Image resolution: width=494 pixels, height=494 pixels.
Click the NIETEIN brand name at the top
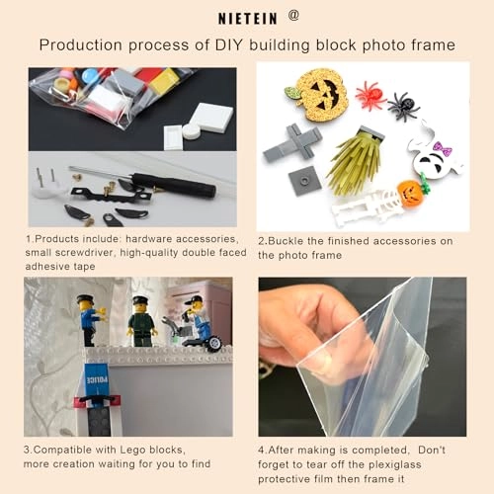pos(248,19)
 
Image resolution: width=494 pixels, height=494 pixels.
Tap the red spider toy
pos(371,96)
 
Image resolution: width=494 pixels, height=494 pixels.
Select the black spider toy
pos(404,106)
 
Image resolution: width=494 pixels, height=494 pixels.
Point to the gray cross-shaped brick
pos(292,142)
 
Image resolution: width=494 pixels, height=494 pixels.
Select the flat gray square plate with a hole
pos(304,181)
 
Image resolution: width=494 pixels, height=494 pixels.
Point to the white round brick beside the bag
pos(192,131)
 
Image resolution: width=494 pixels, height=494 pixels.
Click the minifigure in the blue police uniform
pos(91,320)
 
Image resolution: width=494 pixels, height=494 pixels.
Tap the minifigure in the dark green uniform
pos(141,321)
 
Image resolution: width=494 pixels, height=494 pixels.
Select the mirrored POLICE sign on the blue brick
pos(97,380)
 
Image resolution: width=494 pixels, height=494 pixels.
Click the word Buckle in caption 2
pos(286,241)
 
